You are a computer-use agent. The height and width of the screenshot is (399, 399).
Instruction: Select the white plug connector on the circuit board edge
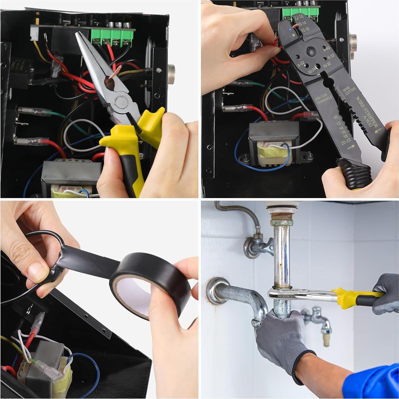tap(34, 37)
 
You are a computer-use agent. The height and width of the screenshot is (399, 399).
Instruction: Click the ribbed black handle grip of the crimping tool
tap(353, 174)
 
